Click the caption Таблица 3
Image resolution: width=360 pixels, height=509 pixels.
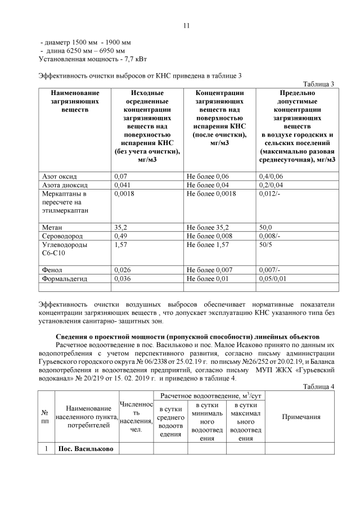click(319, 84)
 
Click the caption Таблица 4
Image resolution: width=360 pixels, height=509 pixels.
click(319, 386)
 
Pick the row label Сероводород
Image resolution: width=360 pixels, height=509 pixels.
click(63, 236)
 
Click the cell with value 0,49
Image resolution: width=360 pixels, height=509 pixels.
click(121, 236)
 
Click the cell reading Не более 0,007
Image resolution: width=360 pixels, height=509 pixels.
click(210, 270)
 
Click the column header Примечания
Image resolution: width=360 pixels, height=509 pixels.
click(301, 417)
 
